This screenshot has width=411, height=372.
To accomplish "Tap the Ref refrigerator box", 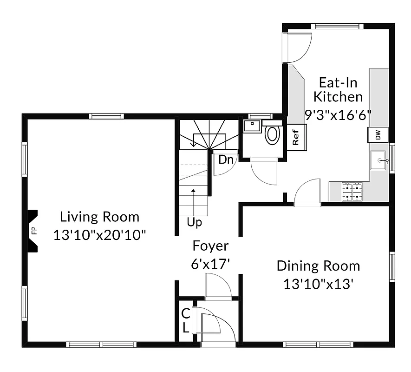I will tap(296, 136).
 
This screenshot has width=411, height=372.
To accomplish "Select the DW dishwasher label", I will tap(378, 135).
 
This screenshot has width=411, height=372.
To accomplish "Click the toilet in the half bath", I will tap(272, 134).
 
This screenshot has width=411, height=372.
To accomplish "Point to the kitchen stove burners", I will tap(352, 193).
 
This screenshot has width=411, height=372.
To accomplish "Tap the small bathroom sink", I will tap(252, 126).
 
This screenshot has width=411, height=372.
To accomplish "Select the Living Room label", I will tap(99, 217).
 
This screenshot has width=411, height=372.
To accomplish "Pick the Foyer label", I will tap(210, 246).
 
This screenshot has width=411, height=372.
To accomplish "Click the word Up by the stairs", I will tap(195, 223).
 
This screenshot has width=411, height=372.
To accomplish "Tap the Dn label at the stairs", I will tap(226, 160).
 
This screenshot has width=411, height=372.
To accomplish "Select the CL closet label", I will tap(185, 320).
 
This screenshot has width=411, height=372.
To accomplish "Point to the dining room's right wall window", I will tap(392, 267).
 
